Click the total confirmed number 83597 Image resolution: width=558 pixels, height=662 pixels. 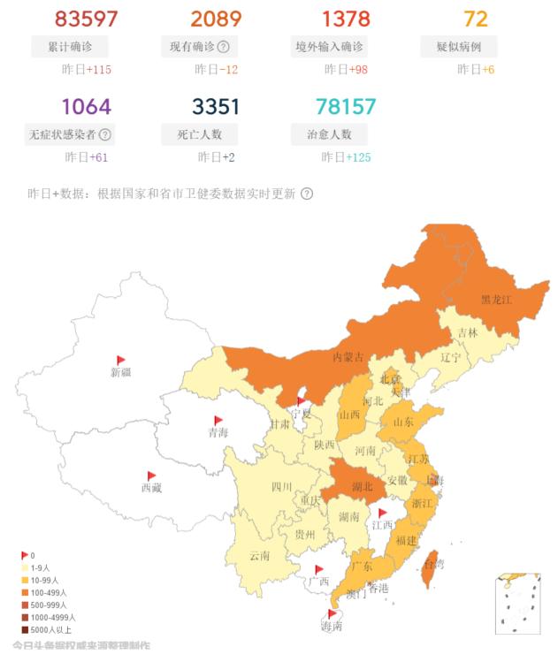tap(86, 19)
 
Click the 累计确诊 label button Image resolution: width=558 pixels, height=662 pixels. tap(73, 47)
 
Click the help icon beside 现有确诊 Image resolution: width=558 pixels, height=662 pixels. tap(224, 47)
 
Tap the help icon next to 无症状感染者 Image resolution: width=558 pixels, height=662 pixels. tap(105, 135)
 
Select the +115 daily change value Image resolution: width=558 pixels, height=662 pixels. tap(99, 69)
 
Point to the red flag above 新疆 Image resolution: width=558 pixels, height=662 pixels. tap(121, 360)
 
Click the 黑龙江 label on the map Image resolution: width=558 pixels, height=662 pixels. tap(496, 300)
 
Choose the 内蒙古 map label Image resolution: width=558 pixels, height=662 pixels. tap(348, 356)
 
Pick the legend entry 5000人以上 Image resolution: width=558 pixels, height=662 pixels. tap(49, 630)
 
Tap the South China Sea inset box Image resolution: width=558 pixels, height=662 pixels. tap(517, 604)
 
